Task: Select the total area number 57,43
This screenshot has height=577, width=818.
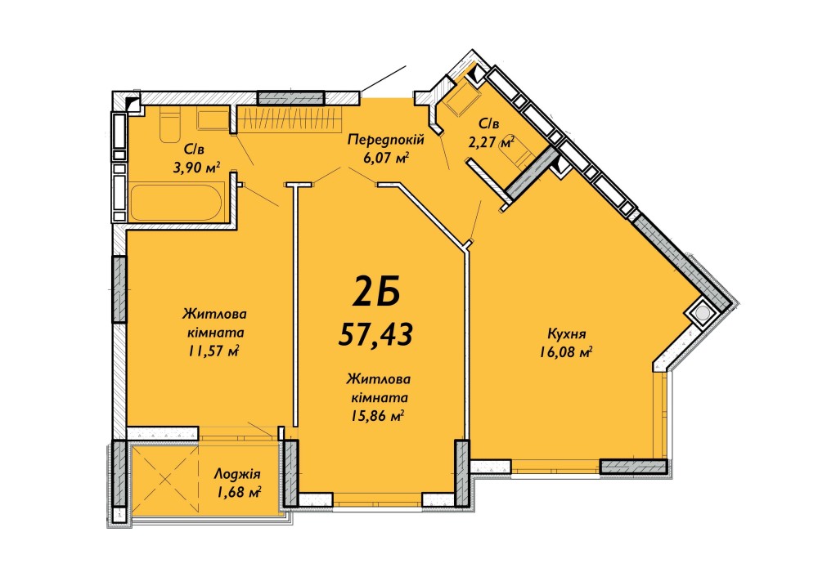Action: click(375, 333)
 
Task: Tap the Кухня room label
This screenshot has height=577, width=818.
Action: click(567, 333)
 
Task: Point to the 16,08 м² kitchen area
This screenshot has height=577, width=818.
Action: click(566, 353)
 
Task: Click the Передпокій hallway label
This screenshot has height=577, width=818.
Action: click(385, 140)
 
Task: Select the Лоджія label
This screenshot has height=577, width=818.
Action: click(237, 475)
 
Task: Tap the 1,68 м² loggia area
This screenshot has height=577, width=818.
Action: click(237, 491)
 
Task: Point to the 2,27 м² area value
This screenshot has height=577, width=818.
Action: click(492, 141)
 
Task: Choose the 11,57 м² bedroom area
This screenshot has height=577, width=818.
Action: click(213, 351)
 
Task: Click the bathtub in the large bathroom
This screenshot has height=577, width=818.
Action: click(178, 202)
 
